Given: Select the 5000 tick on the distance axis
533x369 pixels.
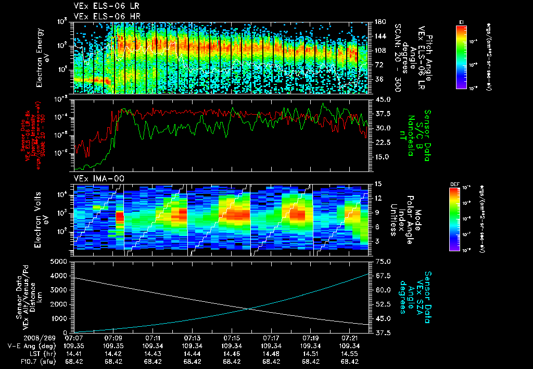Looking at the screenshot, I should click(60, 261).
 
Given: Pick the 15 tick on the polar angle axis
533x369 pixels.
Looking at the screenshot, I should click(378, 184).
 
